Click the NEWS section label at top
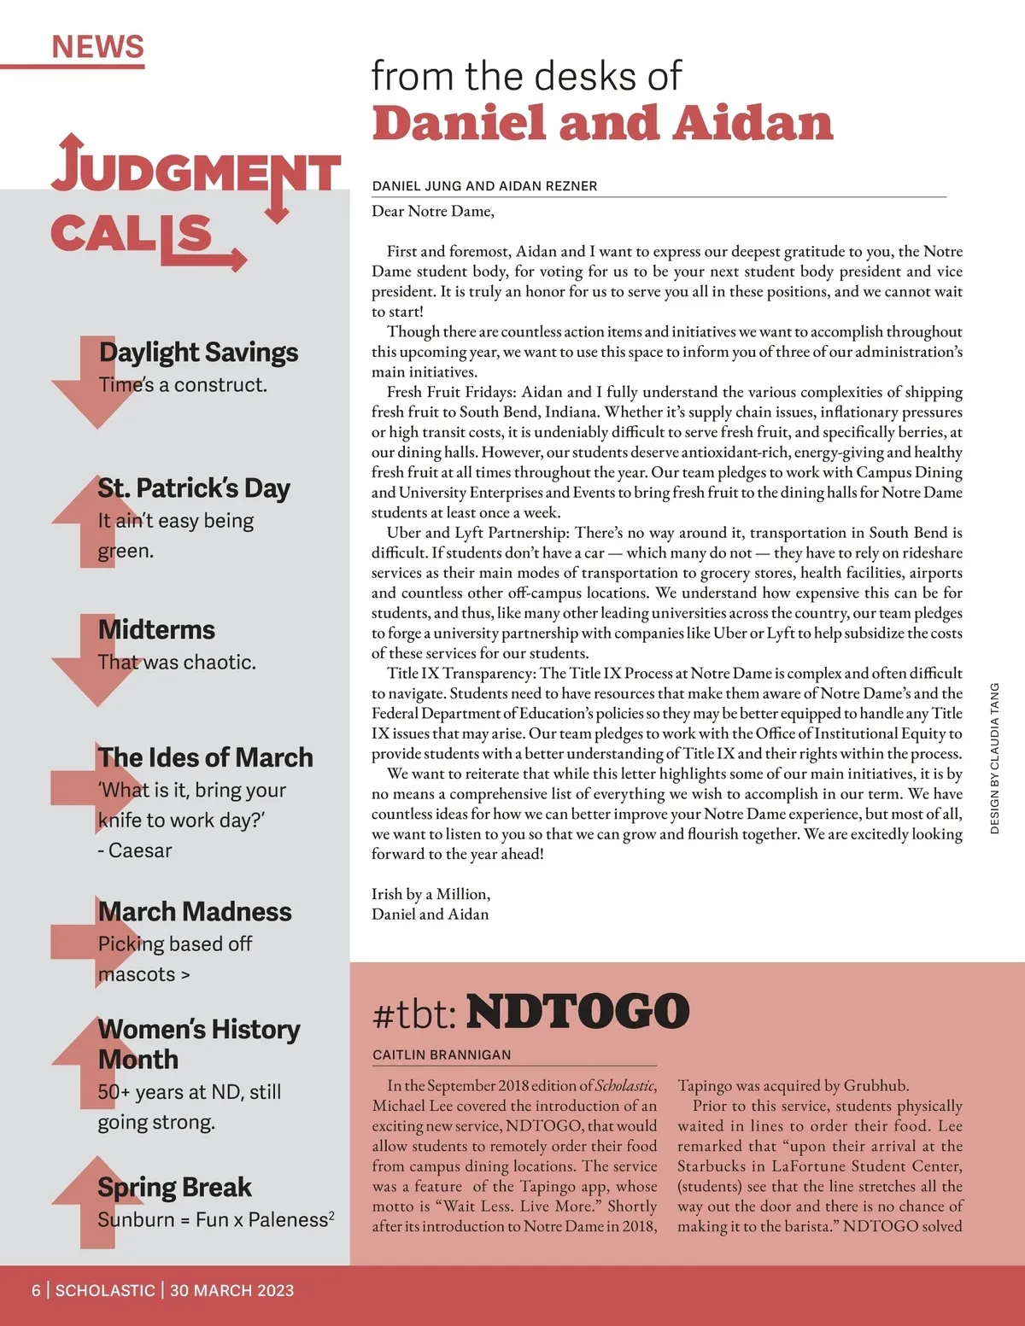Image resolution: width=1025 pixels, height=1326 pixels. coord(97,47)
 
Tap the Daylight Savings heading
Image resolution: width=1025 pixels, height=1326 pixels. coord(198,352)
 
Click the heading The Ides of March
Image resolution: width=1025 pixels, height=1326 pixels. coord(205,757)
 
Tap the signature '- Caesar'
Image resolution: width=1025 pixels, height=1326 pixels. coord(135,850)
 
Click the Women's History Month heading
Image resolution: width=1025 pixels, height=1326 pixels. coord(198,1043)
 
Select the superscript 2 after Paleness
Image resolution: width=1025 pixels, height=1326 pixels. coord(331,1213)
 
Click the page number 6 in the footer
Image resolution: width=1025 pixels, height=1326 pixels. coord(36,1290)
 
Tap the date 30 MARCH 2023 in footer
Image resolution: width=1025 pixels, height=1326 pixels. coord(231,1290)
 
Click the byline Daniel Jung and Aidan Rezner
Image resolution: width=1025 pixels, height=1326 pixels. coord(484,186)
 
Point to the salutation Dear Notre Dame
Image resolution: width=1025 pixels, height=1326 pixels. coord(432,211)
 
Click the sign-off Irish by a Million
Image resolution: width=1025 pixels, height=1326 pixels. coord(430,894)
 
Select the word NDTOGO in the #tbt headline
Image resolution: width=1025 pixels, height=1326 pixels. coord(577,1012)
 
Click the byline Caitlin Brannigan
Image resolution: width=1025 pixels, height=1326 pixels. coord(442,1054)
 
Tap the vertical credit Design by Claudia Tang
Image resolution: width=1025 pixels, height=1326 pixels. coord(994,758)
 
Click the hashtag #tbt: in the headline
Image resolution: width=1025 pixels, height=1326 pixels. coord(414,1014)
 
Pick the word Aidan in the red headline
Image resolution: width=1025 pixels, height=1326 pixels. coord(753,124)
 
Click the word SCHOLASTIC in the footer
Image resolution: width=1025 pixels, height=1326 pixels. coord(105,1290)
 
